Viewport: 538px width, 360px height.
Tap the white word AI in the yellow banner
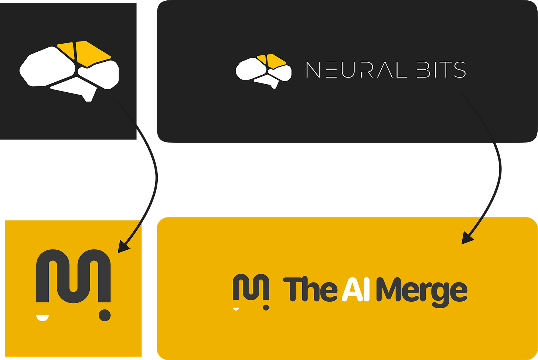[355, 290]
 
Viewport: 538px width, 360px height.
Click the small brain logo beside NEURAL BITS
[263, 71]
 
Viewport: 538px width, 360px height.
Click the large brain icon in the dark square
[69, 70]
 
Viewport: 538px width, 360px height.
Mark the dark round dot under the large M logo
[105, 315]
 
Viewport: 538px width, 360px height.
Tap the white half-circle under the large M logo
[42, 318]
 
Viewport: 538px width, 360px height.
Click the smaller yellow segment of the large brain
[67, 49]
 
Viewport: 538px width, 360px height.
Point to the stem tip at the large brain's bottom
[88, 98]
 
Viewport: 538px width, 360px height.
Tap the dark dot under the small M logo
[266, 307]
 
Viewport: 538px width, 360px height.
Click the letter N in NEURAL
[313, 70]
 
